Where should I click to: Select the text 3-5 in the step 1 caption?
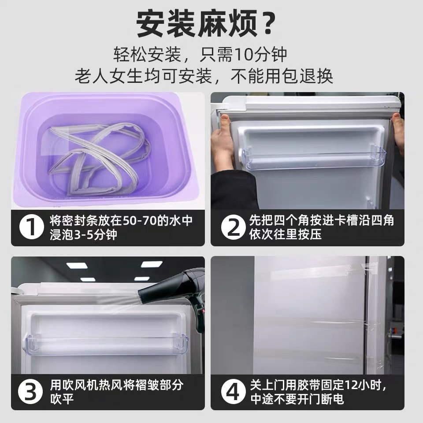(84, 234)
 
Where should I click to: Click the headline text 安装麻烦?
(196, 25)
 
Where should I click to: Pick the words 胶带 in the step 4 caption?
(301, 385)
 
